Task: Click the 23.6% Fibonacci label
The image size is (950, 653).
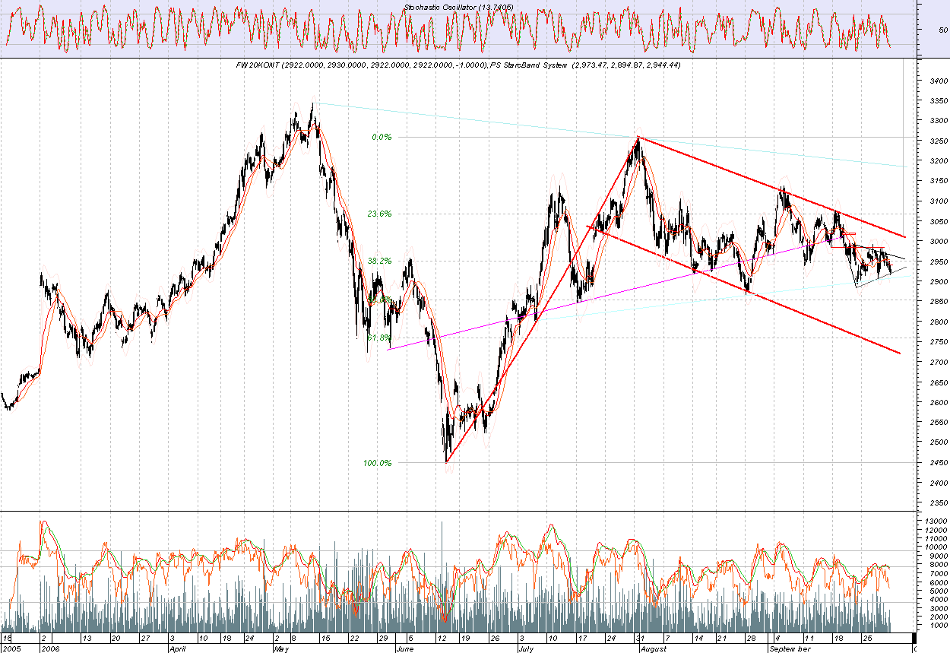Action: click(x=379, y=214)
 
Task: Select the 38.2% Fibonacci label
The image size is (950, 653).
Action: click(x=379, y=260)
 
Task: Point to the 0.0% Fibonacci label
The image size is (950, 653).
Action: click(x=381, y=138)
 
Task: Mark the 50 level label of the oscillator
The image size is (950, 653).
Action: click(x=943, y=30)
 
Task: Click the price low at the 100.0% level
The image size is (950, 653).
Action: click(x=447, y=461)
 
